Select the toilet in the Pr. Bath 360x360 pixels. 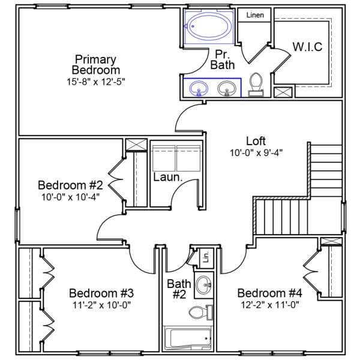coord(256,83)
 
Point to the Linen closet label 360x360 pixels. coord(255,14)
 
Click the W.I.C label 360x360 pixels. coord(307,46)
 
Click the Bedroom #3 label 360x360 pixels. coord(100,293)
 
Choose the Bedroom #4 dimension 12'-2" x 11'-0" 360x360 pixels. coord(269,304)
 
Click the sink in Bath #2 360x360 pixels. coord(205,284)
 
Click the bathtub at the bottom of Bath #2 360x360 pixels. coord(188,337)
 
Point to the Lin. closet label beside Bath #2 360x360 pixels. coord(205,258)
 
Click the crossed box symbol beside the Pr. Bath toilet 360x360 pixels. coord(283,92)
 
